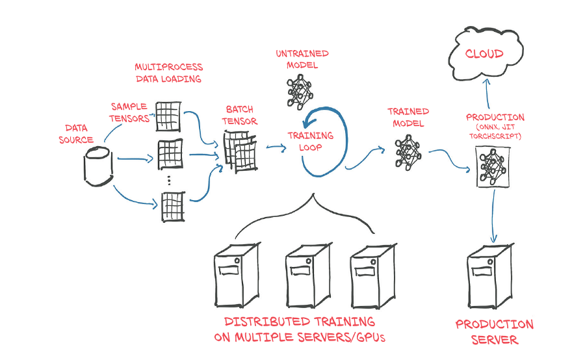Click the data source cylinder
pyautogui.click(x=98, y=166)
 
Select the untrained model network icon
pyautogui.click(x=300, y=91)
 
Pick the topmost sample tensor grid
pyautogui.click(x=169, y=114)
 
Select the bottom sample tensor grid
pyautogui.click(x=172, y=207)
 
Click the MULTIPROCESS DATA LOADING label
pyautogui.click(x=168, y=73)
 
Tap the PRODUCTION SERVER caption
pyautogui.click(x=494, y=331)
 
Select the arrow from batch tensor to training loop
pyautogui.click(x=276, y=148)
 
